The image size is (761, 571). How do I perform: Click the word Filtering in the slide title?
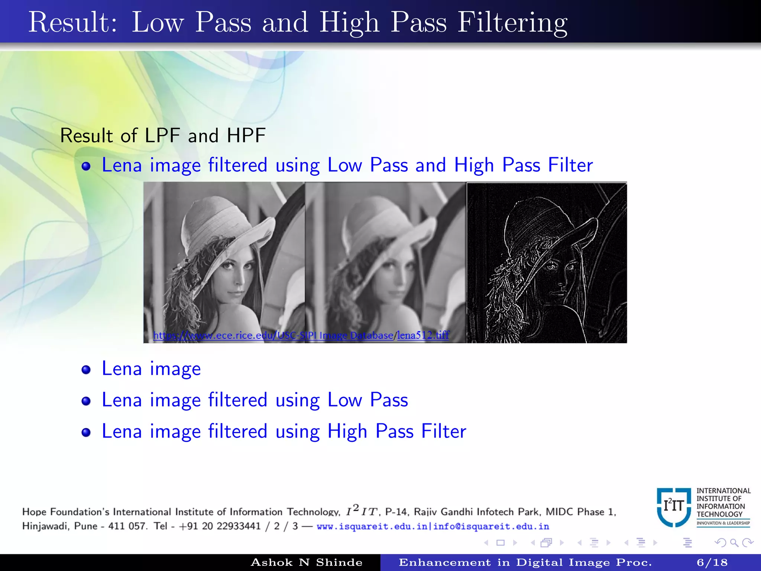(x=512, y=23)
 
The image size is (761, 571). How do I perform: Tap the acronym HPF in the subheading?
(x=246, y=135)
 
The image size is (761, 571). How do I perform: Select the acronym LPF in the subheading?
(x=162, y=135)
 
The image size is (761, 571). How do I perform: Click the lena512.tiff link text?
(x=423, y=335)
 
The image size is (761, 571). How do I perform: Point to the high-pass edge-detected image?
(x=547, y=262)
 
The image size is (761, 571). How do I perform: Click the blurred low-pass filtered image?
(x=385, y=262)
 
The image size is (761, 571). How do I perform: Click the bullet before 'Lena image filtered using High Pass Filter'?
(x=86, y=432)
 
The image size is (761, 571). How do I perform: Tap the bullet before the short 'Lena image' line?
(x=86, y=370)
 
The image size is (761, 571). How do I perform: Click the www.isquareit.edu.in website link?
(x=372, y=526)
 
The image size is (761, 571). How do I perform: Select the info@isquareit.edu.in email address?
(x=491, y=526)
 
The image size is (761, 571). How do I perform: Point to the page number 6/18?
(x=712, y=562)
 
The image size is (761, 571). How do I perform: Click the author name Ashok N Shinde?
(x=307, y=562)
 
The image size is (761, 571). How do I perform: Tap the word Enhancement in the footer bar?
(x=444, y=562)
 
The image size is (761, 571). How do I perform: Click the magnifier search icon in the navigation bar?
(x=734, y=543)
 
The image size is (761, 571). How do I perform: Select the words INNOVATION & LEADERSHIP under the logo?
(x=723, y=523)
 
